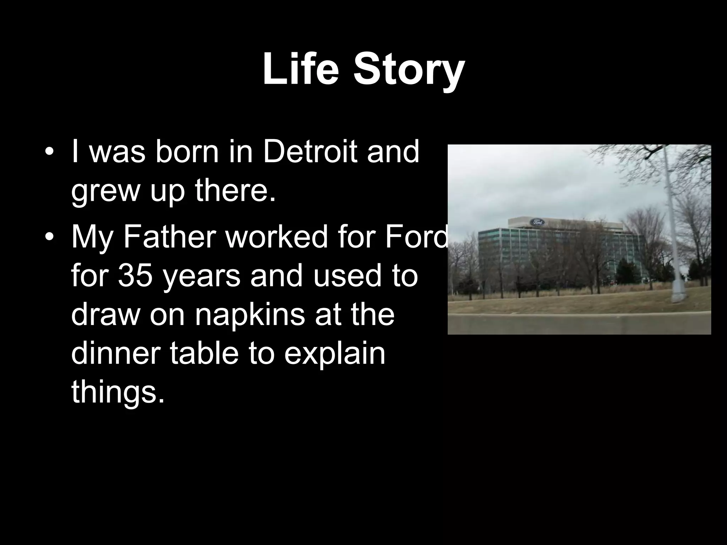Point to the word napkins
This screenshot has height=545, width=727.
(250, 316)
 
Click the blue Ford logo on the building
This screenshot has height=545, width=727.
(537, 222)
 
